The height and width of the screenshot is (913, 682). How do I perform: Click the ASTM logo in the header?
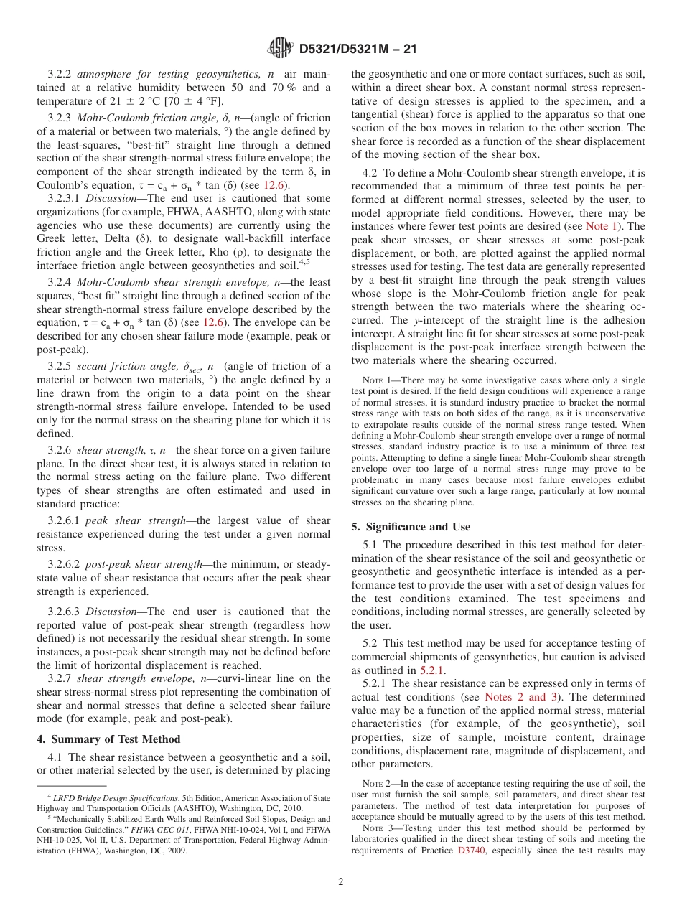tap(280, 48)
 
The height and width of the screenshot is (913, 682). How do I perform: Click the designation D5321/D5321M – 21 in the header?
tap(358, 49)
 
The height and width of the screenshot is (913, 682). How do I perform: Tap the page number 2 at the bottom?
tap(341, 881)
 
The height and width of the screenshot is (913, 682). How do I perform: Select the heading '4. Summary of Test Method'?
tap(108, 739)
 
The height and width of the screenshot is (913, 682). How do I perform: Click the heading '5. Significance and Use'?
tap(411, 527)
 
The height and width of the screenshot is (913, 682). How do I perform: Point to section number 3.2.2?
tap(60, 74)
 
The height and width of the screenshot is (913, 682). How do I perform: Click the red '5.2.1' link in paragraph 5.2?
tap(431, 670)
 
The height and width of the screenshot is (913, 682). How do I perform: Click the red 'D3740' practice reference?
tap(472, 851)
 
